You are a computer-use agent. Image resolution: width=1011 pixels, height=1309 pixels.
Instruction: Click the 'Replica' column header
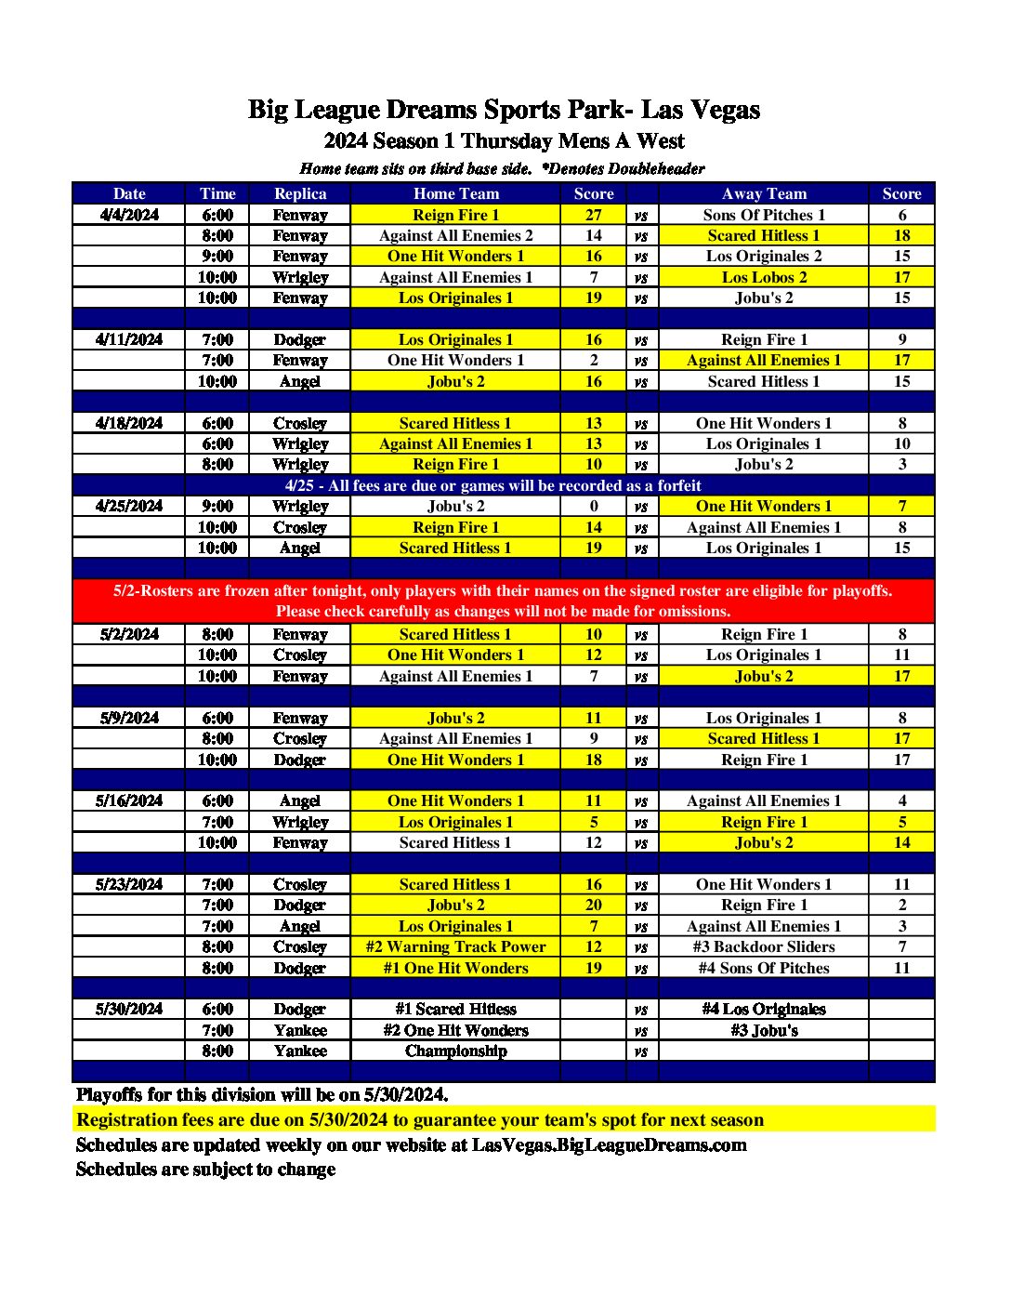point(300,193)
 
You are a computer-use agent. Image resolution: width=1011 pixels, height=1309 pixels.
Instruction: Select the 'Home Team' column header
point(455,193)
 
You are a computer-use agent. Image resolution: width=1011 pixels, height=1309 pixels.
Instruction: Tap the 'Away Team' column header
point(764,193)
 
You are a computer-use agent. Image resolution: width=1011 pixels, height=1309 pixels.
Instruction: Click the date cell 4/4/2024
point(129,215)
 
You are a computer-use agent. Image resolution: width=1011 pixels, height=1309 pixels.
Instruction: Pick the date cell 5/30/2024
point(129,1009)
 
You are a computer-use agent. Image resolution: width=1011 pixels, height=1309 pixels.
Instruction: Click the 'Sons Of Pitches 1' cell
point(764,215)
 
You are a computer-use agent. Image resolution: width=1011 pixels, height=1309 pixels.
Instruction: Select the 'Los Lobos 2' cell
point(764,277)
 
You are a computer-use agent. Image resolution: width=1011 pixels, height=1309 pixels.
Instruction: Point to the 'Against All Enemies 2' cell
point(455,235)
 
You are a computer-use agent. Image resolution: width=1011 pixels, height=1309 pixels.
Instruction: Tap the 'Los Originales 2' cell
point(764,256)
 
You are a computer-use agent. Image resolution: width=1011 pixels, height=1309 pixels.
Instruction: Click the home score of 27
point(594,215)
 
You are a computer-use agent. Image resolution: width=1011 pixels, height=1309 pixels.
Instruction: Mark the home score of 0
point(594,506)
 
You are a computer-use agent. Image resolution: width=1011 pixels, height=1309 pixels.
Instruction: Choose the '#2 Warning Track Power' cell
point(455,946)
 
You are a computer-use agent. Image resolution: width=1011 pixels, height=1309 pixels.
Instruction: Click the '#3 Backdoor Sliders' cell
point(764,946)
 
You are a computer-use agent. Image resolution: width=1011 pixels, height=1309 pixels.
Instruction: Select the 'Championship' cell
point(455,1051)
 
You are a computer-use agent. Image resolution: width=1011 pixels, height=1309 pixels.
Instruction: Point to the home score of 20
point(594,905)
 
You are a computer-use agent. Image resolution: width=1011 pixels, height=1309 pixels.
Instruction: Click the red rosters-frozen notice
point(503,601)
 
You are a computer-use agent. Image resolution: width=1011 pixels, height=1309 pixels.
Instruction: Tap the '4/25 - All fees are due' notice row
point(492,485)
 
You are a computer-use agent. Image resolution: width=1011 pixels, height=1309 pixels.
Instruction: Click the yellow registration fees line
point(420,1119)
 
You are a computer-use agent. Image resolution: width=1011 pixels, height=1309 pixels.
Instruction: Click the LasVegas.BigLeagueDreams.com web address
point(609,1144)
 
